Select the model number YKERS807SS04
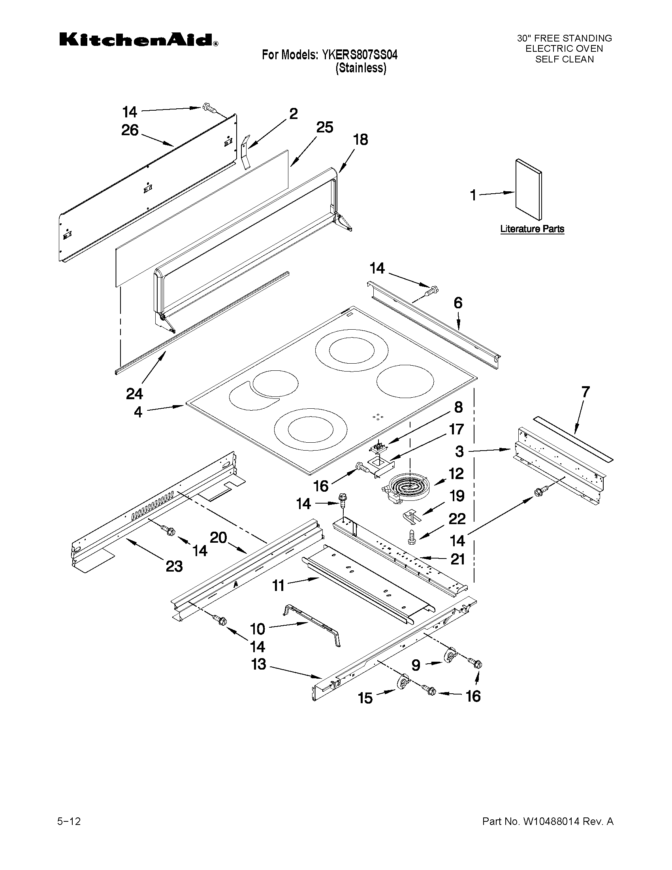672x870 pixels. [x=358, y=55]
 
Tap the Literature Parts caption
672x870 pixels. [x=532, y=229]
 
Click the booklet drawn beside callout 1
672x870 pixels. [x=528, y=190]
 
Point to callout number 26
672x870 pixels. [x=130, y=130]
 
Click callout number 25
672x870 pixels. [x=324, y=127]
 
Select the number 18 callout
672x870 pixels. [x=360, y=140]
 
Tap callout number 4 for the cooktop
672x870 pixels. [x=138, y=412]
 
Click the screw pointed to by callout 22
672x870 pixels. [x=411, y=538]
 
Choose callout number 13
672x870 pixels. [x=259, y=664]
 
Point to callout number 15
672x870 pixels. [x=365, y=698]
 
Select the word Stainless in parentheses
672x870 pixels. [x=361, y=68]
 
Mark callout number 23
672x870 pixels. [x=174, y=566]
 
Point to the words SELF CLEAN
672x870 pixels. [x=564, y=59]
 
